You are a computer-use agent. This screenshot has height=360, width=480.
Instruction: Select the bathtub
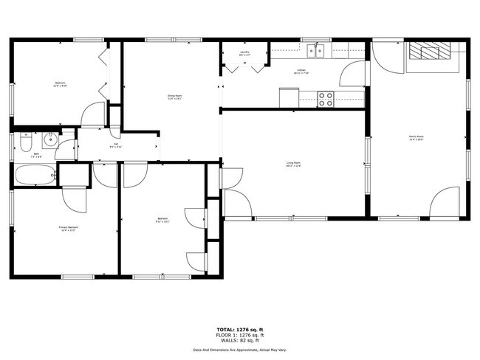pyautogui.click(x=35, y=176)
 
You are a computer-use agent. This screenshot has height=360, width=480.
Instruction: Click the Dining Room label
pyautogui.click(x=175, y=96)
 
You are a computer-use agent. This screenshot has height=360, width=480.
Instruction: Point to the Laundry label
pyautogui.click(x=244, y=53)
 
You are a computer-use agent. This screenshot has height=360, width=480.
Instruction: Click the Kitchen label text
pyautogui.click(x=301, y=71)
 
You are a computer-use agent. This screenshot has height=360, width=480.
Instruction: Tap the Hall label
pyautogui.click(x=116, y=145)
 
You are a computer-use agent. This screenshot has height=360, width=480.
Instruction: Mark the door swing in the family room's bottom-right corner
pyautogui.click(x=445, y=203)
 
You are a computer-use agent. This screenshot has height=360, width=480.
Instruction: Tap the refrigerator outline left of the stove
pyautogui.click(x=289, y=97)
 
